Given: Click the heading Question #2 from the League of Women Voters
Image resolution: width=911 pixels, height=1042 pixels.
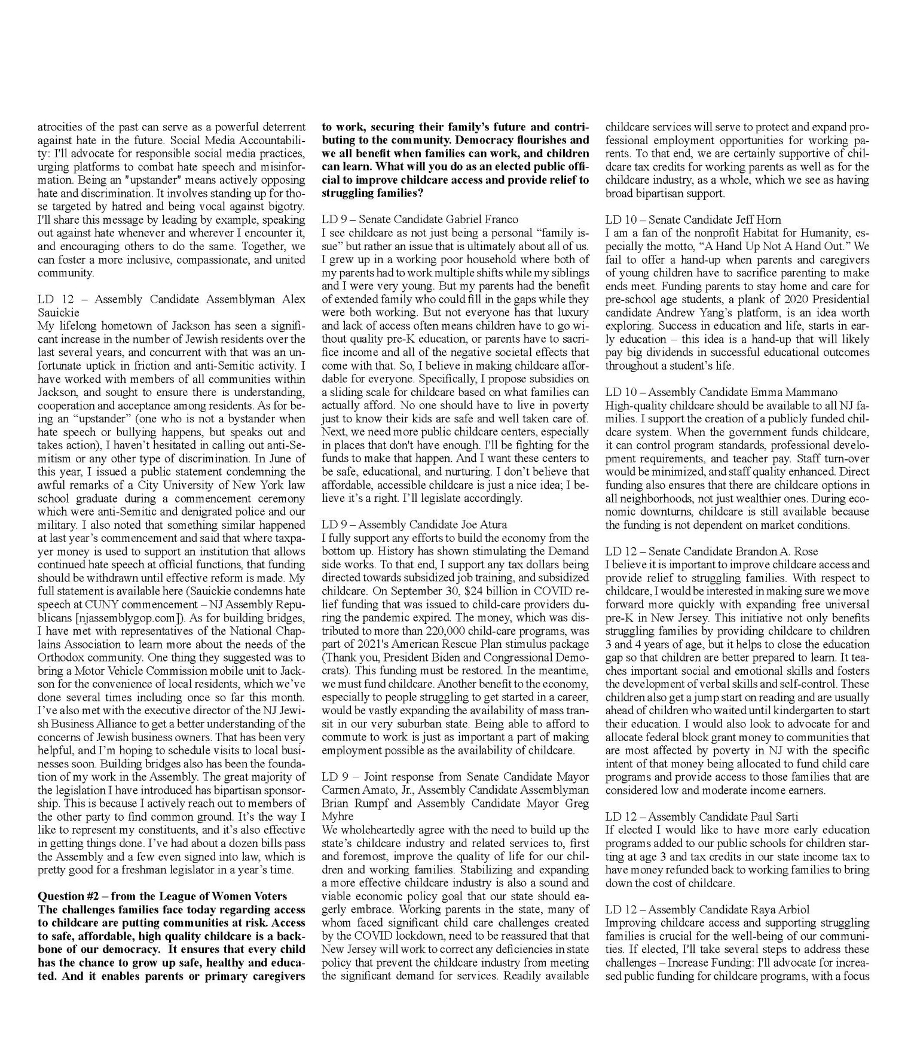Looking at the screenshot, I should pyautogui.click(x=162, y=895).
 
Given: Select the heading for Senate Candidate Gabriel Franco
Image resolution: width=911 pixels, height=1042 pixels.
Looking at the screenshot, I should pyautogui.click(x=420, y=220).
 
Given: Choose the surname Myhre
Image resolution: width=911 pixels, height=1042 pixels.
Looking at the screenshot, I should pyautogui.click(x=337, y=816).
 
